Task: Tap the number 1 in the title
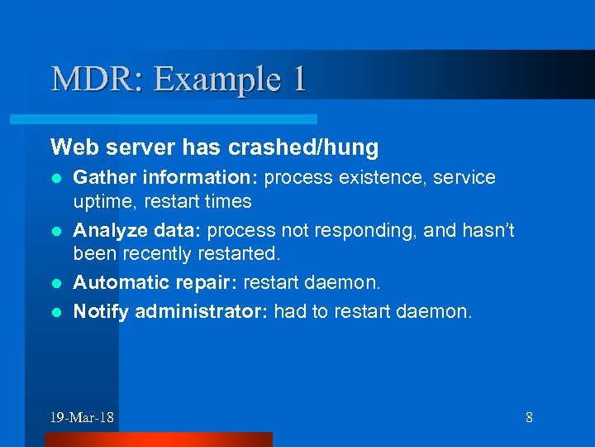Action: click(x=298, y=79)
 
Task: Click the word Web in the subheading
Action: click(x=69, y=147)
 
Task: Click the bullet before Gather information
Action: click(x=55, y=178)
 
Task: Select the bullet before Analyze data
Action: click(x=55, y=231)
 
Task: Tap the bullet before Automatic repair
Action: click(x=55, y=284)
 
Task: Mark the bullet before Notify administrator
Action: click(x=55, y=311)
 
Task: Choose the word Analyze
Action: click(x=105, y=231)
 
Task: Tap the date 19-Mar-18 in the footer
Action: click(x=82, y=417)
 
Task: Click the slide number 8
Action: click(x=529, y=417)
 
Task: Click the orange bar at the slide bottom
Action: click(x=158, y=440)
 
